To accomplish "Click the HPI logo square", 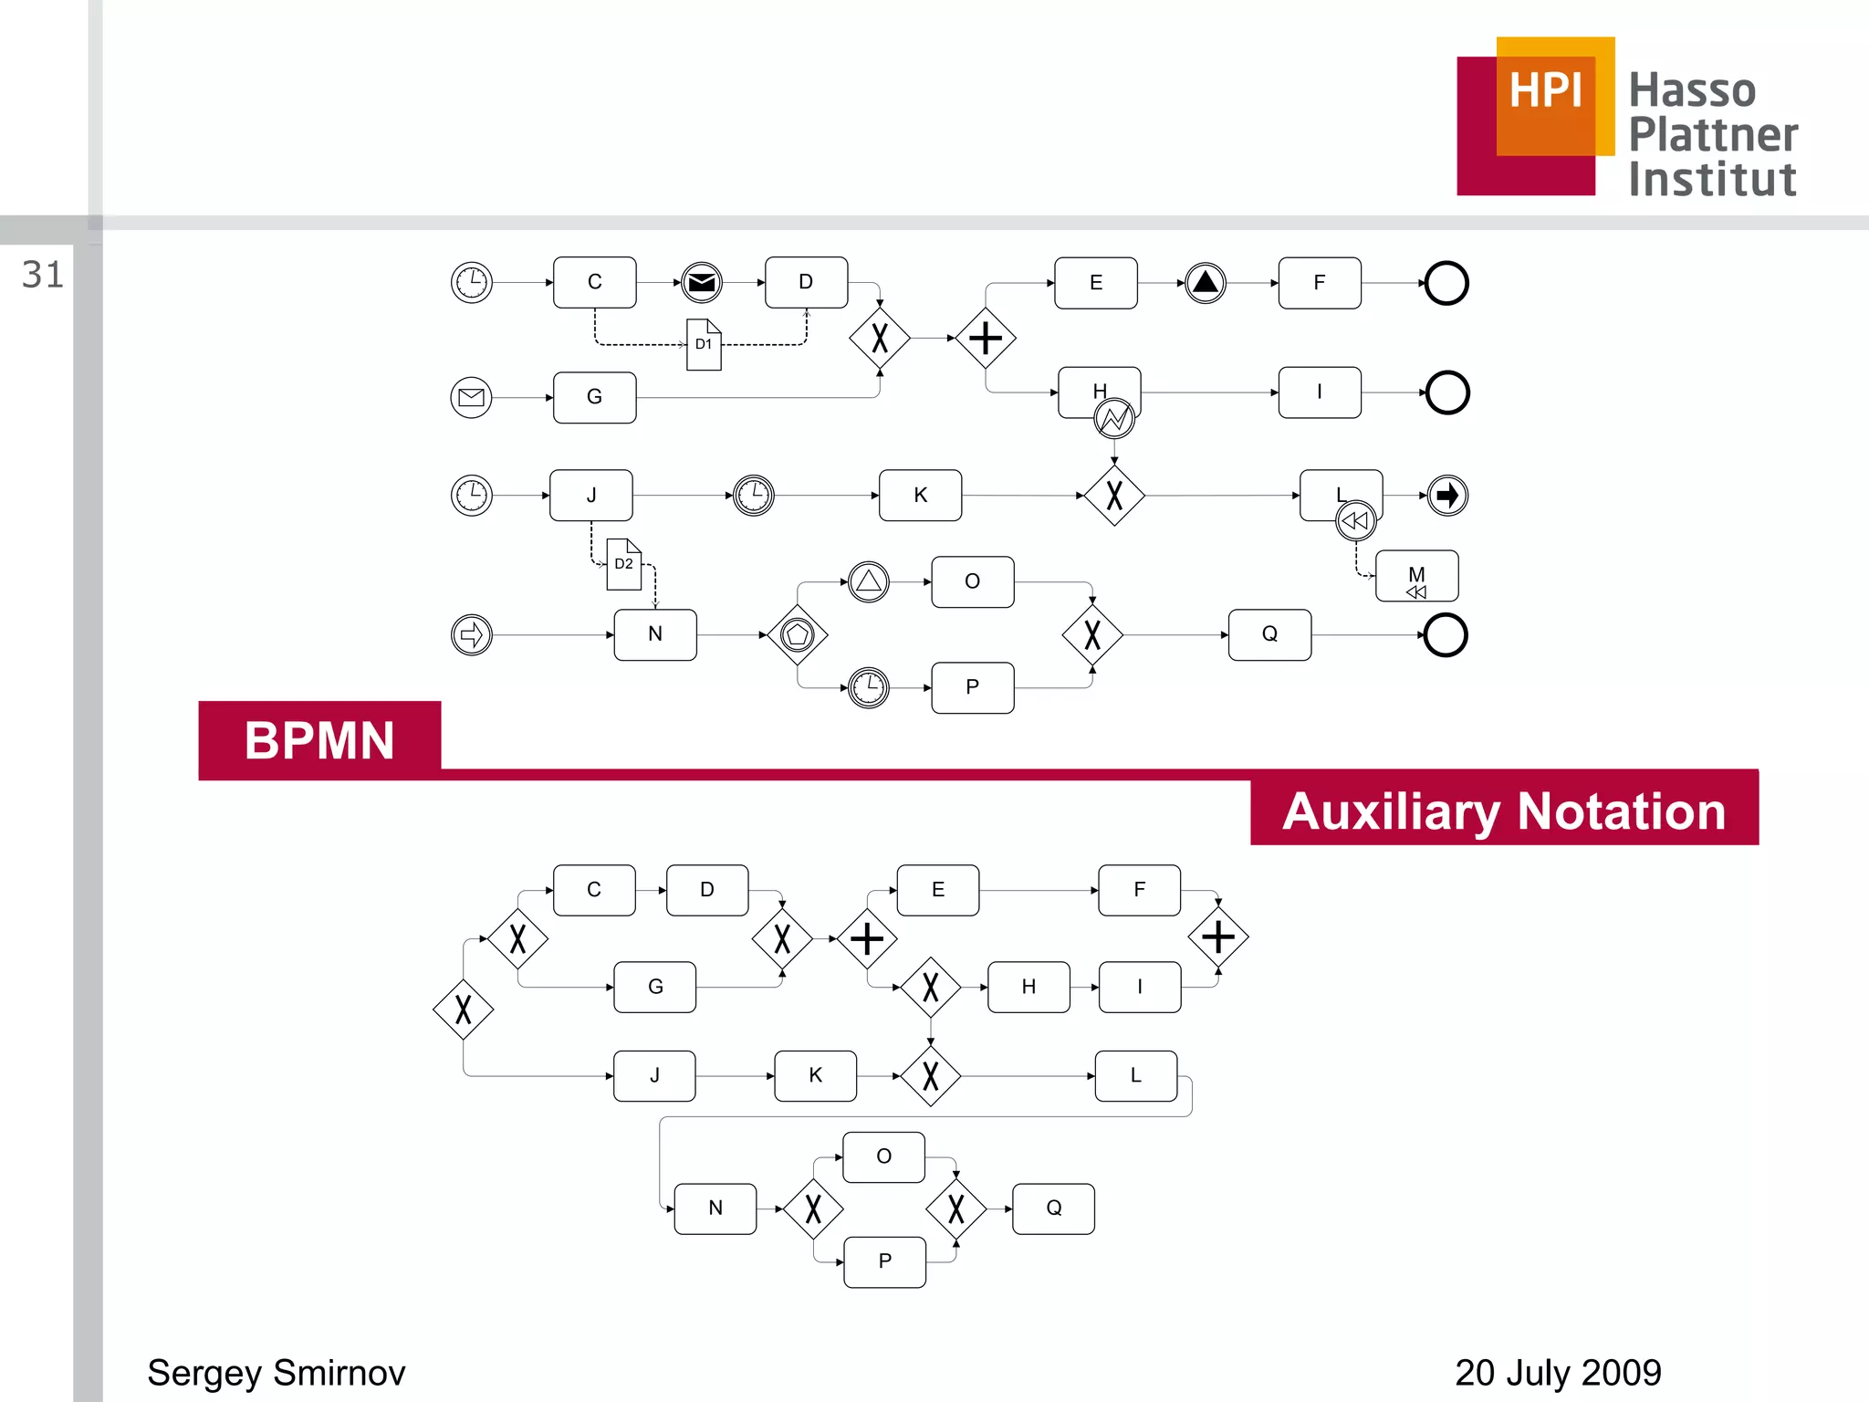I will (1536, 116).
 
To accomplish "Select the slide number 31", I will (43, 275).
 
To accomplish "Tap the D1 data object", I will (704, 345).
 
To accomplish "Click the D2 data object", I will (624, 564).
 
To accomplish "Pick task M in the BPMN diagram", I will (1416, 576).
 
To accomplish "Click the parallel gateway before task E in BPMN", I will (986, 339).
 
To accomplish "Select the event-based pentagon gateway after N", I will (798, 634).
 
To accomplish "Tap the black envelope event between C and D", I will (702, 283).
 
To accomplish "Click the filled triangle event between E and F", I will (1206, 283).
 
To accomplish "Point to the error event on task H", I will (1114, 419).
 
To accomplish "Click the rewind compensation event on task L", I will (1356, 521).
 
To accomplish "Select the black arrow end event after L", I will (1447, 496).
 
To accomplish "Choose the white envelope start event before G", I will (472, 397).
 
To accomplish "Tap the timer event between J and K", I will (754, 496).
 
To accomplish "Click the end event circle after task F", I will (1446, 283).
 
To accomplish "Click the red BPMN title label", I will (319, 740).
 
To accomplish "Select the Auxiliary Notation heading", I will (1504, 811).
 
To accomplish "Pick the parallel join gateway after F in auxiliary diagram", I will (1218, 937).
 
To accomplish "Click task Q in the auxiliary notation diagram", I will (1054, 1208).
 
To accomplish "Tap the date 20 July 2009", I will (1558, 1373).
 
